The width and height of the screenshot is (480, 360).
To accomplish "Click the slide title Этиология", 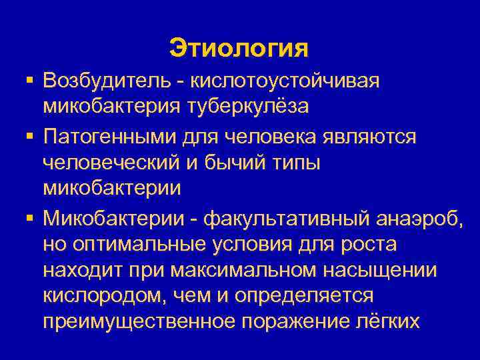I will tap(239, 48).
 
